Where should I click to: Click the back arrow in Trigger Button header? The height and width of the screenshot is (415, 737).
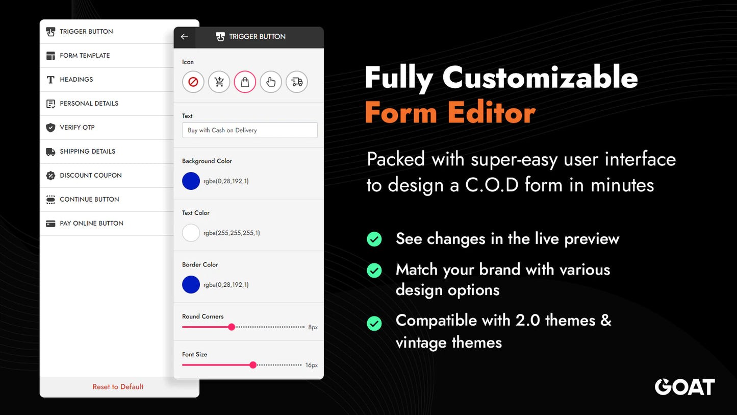click(x=185, y=37)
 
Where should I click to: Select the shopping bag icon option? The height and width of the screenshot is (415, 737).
click(x=245, y=82)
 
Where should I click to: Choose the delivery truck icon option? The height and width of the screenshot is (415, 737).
click(x=297, y=82)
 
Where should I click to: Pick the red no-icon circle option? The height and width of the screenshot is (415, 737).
click(x=193, y=82)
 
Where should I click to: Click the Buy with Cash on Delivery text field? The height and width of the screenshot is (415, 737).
click(x=249, y=130)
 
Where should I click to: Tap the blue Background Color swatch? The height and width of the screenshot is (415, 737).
click(x=191, y=181)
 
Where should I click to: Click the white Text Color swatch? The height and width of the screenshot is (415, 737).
click(x=191, y=233)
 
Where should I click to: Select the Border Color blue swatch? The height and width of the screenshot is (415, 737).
click(x=191, y=285)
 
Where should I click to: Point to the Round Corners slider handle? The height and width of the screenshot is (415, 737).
click(x=232, y=327)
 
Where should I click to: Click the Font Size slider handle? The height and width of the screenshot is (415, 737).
click(x=253, y=365)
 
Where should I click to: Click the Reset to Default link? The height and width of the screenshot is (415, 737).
click(x=118, y=387)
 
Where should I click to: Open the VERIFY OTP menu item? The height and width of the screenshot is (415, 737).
click(x=77, y=128)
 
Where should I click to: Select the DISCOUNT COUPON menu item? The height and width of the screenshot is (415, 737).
click(x=90, y=176)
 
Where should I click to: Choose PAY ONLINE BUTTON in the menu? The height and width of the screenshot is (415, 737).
click(x=91, y=224)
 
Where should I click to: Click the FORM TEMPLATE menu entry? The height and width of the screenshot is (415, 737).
click(x=85, y=56)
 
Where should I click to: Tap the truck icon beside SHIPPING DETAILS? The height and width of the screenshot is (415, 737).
click(x=50, y=152)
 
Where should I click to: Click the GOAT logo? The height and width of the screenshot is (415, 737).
click(x=684, y=387)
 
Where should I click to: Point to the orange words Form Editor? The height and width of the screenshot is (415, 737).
click(x=450, y=113)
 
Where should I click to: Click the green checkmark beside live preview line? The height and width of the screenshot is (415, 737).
click(x=374, y=239)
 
